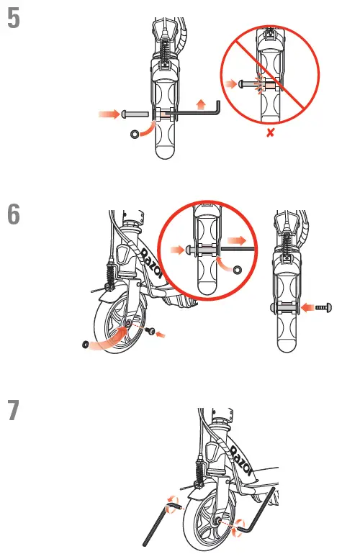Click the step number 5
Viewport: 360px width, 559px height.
tap(13, 19)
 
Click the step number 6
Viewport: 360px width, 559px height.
tap(13, 215)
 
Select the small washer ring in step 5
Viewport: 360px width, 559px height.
tap(134, 134)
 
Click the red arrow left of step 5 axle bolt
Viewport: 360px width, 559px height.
tap(108, 114)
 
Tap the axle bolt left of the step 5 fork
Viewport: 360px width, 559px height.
tap(135, 114)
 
